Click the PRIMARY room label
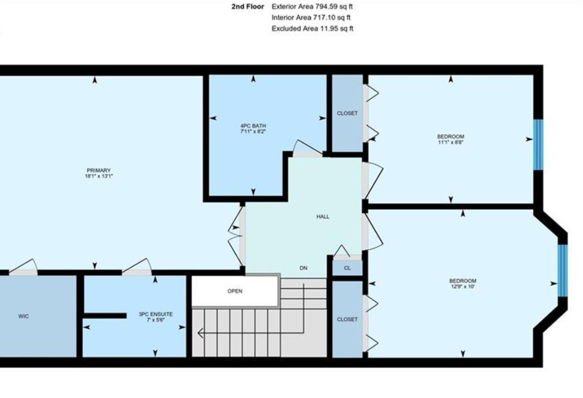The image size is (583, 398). tap(98, 170)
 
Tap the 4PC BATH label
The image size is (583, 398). tap(253, 126)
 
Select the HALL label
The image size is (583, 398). tap(322, 217)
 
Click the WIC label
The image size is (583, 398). tap(23, 316)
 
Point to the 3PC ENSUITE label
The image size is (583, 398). tap(156, 314)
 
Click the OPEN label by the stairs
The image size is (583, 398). tap(235, 291)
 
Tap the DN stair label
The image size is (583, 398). tap(303, 268)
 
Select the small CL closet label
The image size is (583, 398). tap(348, 268)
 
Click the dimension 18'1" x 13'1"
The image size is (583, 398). tap(98, 176)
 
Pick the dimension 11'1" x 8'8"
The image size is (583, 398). tap(451, 142)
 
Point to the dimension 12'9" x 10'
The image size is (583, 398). tap(463, 287)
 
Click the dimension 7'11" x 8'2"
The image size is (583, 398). tap(253, 131)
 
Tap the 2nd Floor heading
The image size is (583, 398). tap(247, 7)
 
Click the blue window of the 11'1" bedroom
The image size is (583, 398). tap(538, 145)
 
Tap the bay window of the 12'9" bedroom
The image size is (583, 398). tap(563, 270)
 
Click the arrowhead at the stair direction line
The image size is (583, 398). tap(200, 333)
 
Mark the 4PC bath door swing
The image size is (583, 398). tap(307, 148)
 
